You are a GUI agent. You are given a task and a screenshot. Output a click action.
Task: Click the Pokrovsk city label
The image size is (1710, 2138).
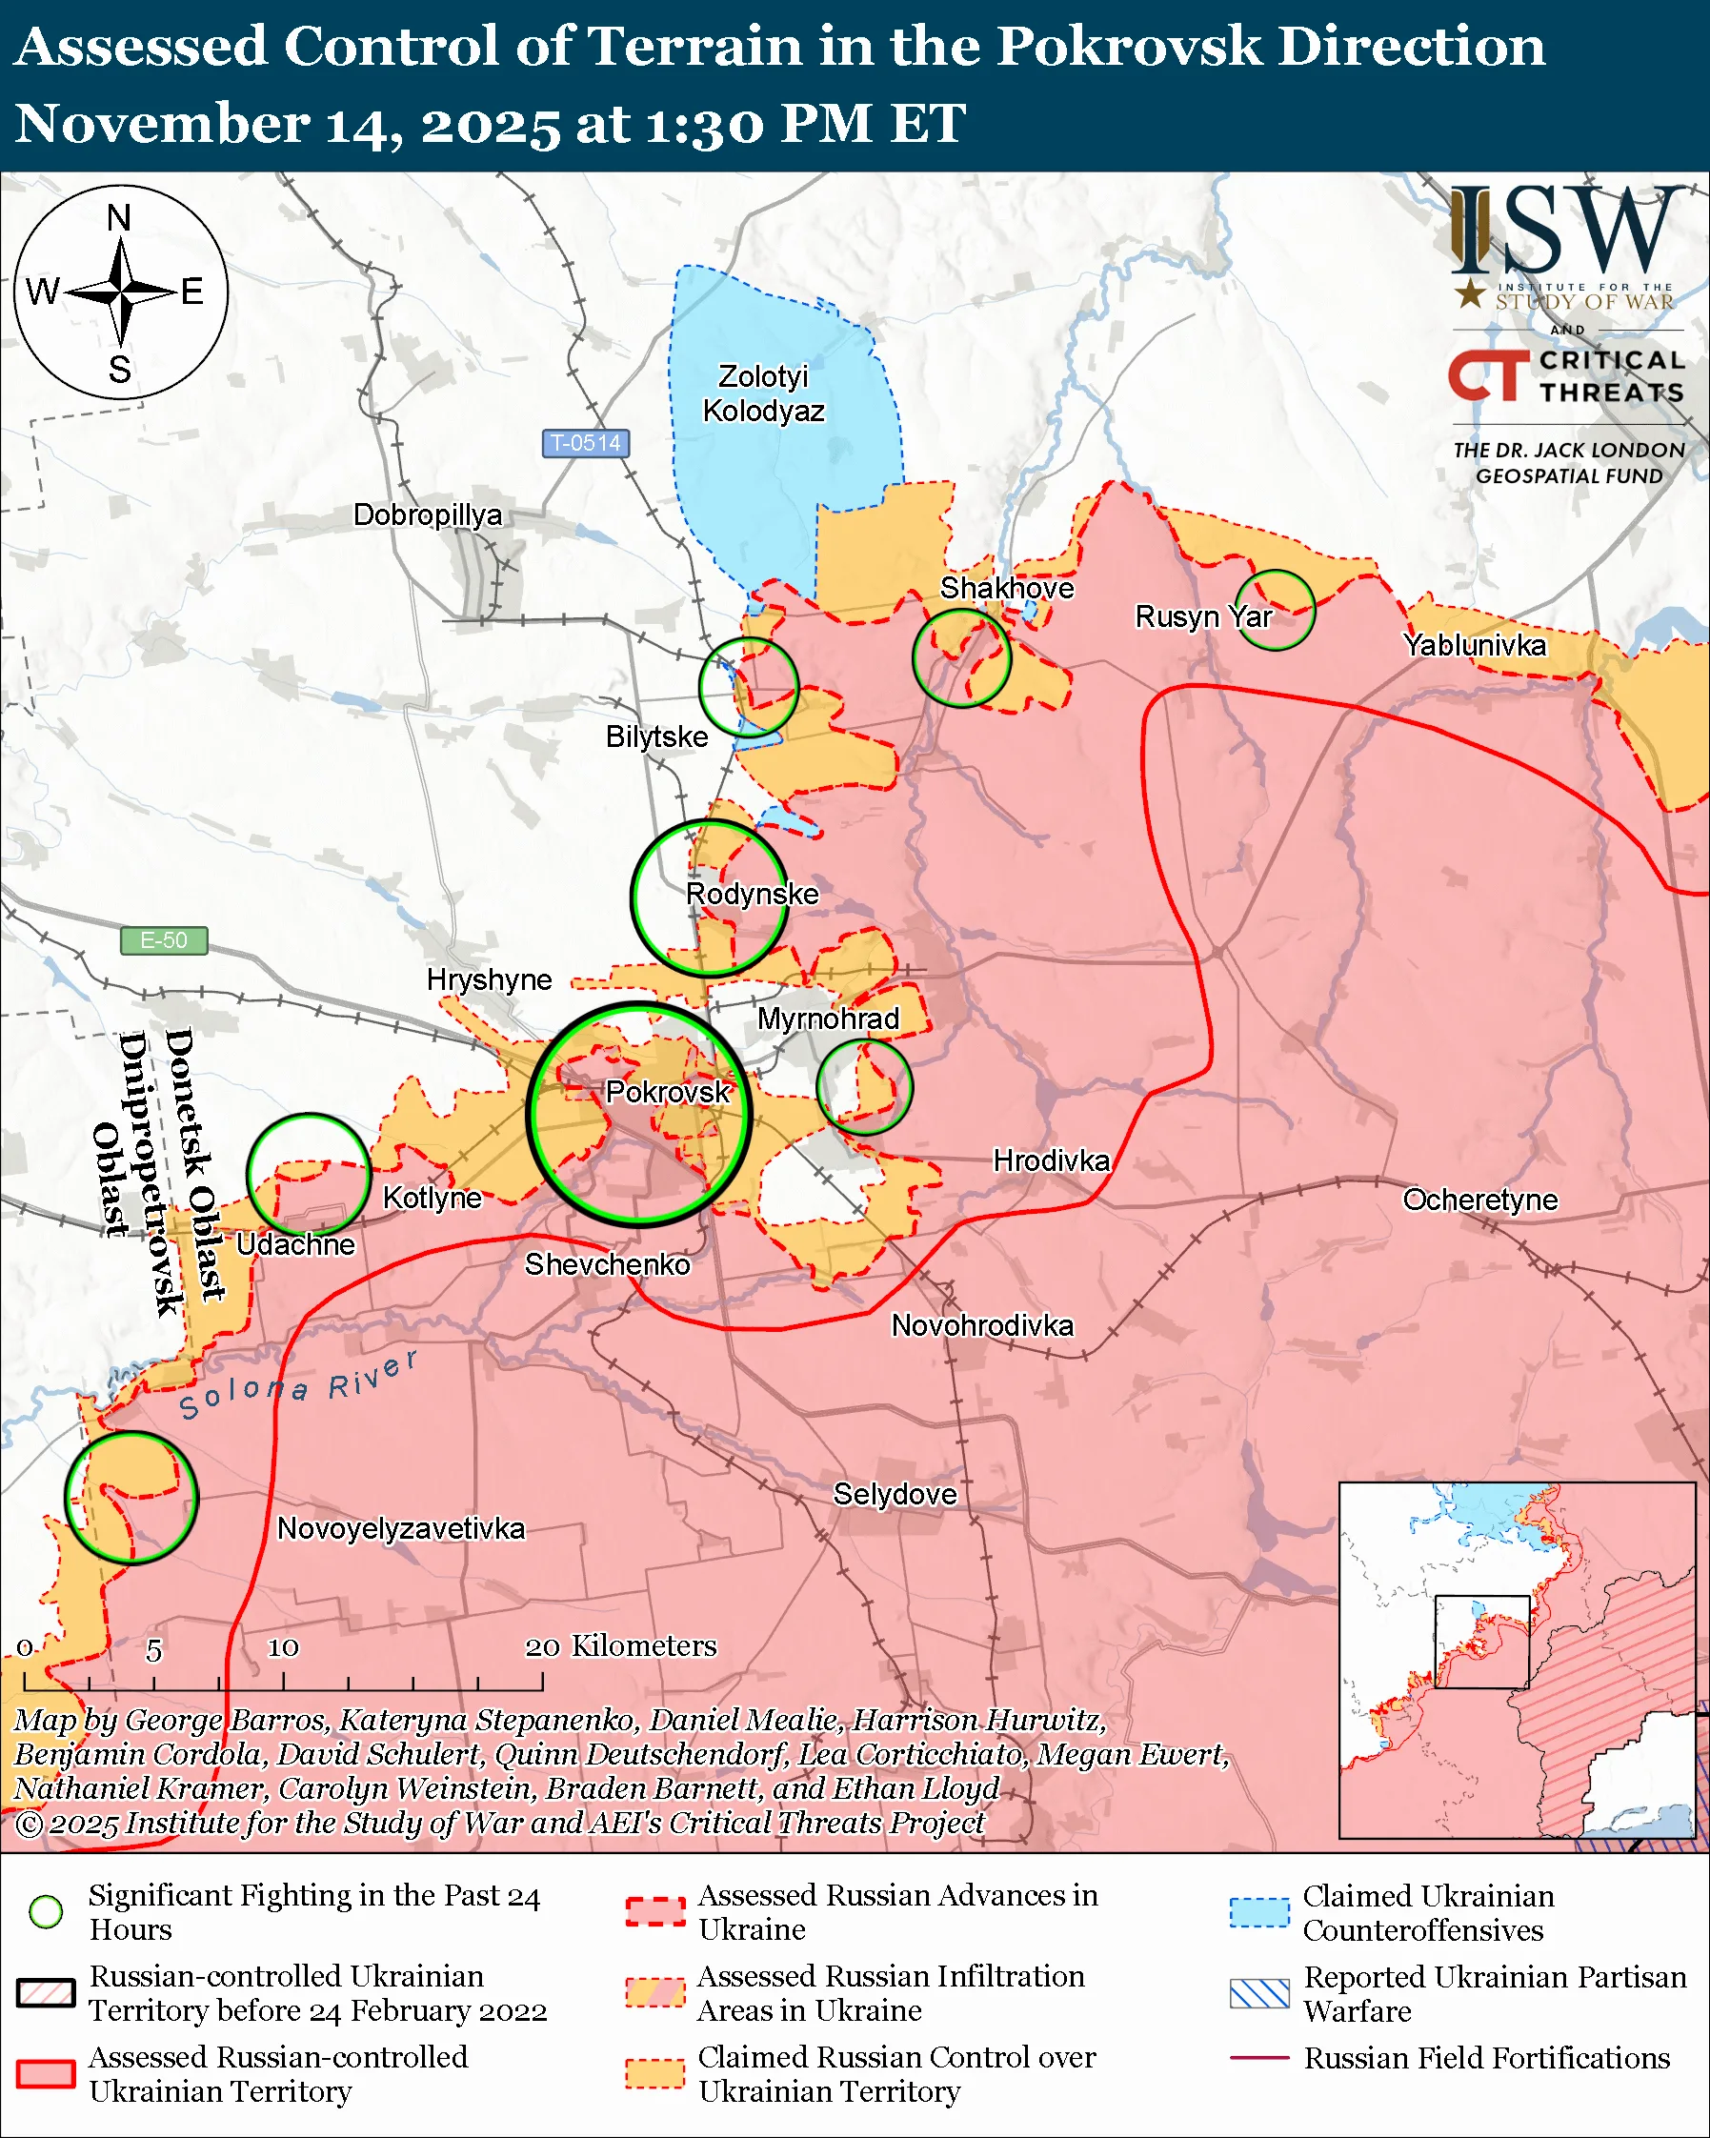pos(667,1092)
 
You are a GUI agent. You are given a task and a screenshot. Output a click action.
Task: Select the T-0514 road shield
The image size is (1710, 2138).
pos(585,442)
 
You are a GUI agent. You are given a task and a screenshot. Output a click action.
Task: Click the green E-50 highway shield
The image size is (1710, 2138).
pos(164,940)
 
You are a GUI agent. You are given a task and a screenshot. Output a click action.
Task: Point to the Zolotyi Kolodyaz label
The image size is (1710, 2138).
pos(763,393)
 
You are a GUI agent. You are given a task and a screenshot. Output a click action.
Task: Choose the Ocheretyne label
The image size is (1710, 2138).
pos(1479,1200)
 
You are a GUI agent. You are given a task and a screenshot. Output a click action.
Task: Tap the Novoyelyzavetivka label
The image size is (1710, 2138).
pos(400,1528)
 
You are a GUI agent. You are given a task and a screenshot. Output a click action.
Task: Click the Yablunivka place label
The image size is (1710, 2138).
pos(1474,646)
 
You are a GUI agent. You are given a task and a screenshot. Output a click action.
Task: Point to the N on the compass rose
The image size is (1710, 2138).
pos(119,218)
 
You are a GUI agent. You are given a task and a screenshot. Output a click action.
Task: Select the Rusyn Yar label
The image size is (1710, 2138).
pos(1202,616)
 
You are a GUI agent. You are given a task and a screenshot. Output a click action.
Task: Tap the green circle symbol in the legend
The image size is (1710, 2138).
pos(46,1912)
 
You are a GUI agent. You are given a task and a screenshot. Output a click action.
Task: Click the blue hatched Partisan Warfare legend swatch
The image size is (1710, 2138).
pos(1259,1993)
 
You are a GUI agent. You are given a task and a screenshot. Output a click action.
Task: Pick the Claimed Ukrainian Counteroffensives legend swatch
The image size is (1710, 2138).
pos(1259,1912)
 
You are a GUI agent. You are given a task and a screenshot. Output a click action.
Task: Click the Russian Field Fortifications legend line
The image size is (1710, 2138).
pos(1259,2058)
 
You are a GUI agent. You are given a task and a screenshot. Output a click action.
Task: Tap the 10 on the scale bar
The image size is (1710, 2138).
pos(283,1648)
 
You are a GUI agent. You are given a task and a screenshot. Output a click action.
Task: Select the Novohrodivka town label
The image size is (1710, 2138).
pos(981,1325)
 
